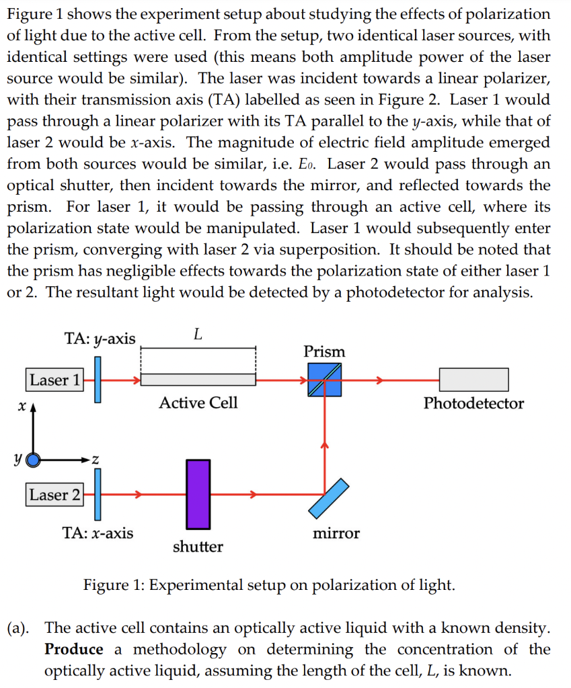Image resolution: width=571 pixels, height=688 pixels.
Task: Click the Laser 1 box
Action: [x=54, y=380]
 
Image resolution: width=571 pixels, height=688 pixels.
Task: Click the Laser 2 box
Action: [x=54, y=494]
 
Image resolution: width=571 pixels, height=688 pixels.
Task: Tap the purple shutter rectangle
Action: [x=198, y=494]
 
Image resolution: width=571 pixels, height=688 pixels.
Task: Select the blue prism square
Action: [x=325, y=380]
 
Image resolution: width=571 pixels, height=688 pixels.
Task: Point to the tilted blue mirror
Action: [x=329, y=499]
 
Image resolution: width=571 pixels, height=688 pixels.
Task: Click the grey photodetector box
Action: [x=474, y=380]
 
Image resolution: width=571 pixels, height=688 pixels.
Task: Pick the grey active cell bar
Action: [x=198, y=380]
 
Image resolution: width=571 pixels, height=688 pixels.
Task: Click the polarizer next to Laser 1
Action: [x=98, y=380]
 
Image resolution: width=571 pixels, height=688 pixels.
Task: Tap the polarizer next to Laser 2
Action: [x=98, y=494]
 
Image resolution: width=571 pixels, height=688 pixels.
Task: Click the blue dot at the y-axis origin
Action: [x=33, y=460]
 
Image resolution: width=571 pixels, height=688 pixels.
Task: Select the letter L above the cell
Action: [x=198, y=335]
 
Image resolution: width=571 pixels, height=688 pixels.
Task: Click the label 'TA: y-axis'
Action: [x=100, y=339]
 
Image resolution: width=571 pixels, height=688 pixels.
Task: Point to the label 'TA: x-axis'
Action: [x=98, y=533]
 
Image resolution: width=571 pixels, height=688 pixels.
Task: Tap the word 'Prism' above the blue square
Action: [x=324, y=351]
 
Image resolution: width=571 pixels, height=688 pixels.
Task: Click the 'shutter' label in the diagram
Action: [x=198, y=547]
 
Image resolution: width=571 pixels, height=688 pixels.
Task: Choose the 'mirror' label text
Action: [x=336, y=533]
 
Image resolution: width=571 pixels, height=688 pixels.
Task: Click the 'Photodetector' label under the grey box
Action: [x=473, y=403]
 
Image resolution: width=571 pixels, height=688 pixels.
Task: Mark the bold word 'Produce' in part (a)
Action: [x=74, y=649]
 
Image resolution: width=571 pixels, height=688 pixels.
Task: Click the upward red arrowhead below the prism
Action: [x=325, y=445]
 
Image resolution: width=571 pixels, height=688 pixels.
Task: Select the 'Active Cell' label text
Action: [x=198, y=402]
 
